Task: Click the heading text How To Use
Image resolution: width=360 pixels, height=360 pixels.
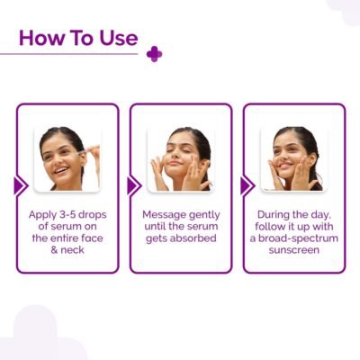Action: pos(78,39)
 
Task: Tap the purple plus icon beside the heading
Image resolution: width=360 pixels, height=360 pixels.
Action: pos(154,54)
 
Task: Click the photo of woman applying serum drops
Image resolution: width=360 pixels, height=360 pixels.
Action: pos(67,157)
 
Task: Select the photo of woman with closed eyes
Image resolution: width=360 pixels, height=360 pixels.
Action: pos(180,157)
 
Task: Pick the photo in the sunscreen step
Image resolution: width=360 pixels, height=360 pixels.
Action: pos(293,157)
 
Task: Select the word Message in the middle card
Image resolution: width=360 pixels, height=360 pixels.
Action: pos(166,217)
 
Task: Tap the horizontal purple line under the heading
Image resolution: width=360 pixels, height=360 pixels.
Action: pos(72,54)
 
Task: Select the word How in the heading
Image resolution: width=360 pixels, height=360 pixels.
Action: pos(39,39)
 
